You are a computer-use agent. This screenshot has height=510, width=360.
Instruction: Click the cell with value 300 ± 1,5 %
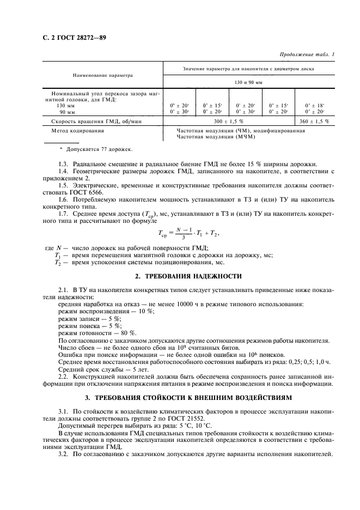point(228,122)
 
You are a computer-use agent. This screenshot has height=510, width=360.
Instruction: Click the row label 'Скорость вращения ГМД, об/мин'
point(90,122)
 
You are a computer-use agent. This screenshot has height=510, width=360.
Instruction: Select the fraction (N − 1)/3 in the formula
point(186,233)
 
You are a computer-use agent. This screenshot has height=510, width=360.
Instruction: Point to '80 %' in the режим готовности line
point(129,332)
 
